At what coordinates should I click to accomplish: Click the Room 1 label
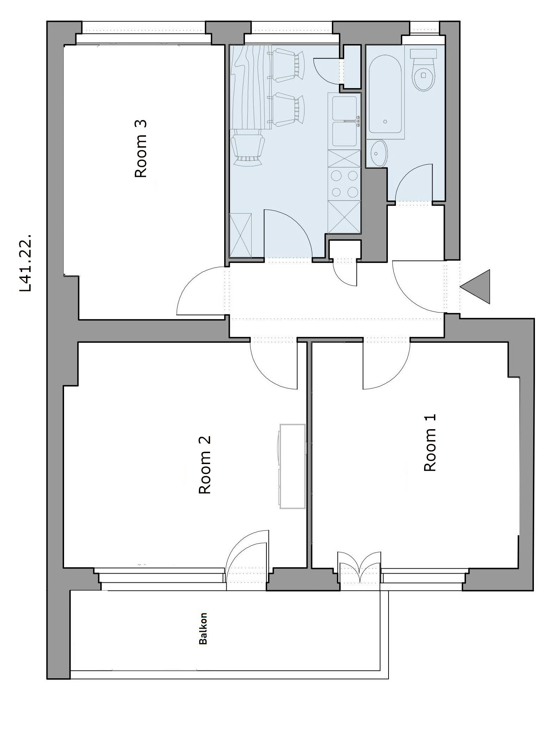(x=430, y=443)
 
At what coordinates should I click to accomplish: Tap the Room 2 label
(x=204, y=465)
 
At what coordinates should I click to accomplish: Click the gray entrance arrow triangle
(x=475, y=286)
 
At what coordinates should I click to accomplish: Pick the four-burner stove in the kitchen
(x=344, y=184)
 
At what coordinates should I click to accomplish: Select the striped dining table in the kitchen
(x=251, y=87)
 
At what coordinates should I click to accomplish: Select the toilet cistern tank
(x=423, y=54)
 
